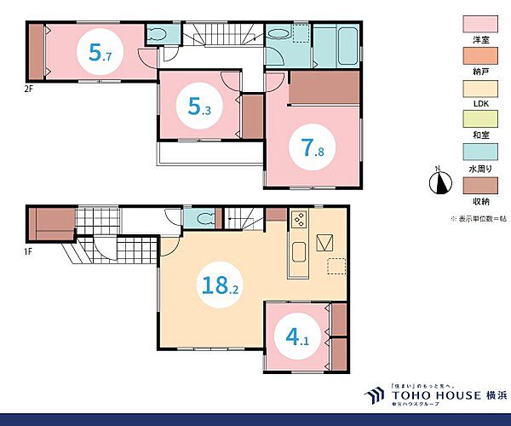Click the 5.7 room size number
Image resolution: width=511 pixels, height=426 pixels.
click(100, 53)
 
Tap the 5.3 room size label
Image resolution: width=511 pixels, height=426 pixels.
click(199, 106)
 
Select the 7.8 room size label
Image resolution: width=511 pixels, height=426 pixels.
click(313, 147)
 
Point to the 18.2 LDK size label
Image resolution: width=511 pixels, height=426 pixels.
click(221, 285)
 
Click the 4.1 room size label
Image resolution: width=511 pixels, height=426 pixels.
click(297, 337)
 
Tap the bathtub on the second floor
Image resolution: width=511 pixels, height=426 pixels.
click(348, 47)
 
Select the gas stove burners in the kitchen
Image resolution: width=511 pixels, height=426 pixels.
click(300, 219)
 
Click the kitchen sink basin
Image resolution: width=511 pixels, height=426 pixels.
click(299, 252)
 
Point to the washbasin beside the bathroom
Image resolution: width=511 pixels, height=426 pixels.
click(279, 34)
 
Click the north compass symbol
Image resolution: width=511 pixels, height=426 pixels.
click(440, 181)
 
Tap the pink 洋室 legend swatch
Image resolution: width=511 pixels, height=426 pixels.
click(480, 24)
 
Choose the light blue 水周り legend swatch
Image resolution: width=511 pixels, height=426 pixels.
click(480, 152)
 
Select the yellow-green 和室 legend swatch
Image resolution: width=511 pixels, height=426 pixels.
click(480, 119)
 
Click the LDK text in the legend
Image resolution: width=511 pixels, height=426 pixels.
click(480, 104)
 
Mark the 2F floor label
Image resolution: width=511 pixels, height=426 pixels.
click(29, 89)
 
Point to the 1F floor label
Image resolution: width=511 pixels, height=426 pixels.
click(28, 251)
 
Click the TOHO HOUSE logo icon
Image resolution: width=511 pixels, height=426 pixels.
click(374, 395)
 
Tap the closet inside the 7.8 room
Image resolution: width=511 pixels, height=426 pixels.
click(324, 88)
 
